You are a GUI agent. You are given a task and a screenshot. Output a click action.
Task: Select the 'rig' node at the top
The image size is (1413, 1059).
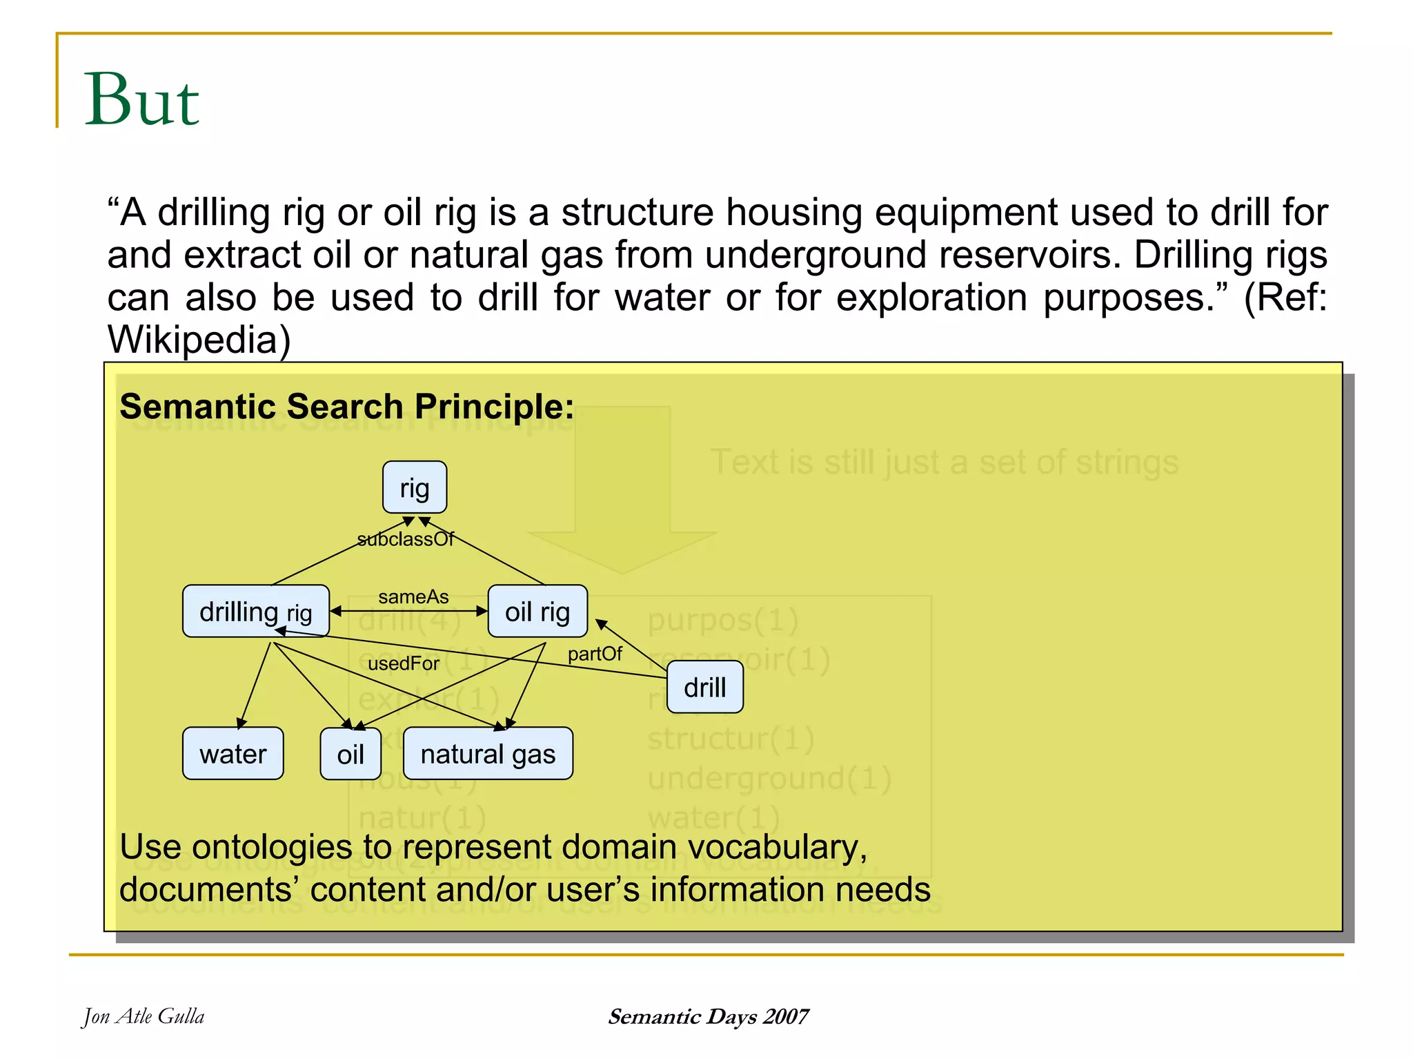[x=415, y=487]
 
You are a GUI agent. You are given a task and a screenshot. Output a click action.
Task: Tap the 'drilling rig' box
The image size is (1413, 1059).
[x=255, y=611]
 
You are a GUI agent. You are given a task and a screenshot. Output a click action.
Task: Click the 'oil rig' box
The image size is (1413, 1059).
[x=537, y=611]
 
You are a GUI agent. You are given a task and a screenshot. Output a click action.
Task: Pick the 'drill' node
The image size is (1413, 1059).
[x=704, y=687]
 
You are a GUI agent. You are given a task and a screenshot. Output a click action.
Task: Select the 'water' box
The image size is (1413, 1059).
[x=233, y=753]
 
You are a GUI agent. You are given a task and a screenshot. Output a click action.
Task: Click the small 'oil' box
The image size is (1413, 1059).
[x=350, y=754]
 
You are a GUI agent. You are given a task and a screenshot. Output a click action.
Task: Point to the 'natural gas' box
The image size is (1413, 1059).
[x=488, y=753]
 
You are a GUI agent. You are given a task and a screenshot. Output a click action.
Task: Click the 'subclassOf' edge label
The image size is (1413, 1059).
[x=405, y=539]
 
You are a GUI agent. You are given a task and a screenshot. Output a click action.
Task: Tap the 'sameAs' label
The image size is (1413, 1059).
[x=413, y=596]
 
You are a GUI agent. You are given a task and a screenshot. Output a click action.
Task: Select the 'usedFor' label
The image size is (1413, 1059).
[x=403, y=663]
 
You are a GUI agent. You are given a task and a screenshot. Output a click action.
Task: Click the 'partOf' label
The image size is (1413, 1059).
[x=595, y=653]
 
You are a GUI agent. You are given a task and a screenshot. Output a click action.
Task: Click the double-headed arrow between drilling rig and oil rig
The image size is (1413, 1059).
[x=408, y=611]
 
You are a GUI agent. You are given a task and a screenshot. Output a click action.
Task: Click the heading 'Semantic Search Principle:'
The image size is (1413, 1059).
[x=346, y=406]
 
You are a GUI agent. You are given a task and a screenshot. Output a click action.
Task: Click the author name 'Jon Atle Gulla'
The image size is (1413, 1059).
[x=144, y=1016]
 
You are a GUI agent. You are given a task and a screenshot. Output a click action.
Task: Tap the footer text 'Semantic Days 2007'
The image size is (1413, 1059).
[x=708, y=1016]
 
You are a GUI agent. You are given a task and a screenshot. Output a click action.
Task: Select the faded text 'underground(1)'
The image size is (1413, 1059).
[x=769, y=779]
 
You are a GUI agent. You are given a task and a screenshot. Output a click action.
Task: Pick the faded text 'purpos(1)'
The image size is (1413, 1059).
[x=722, y=620]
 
